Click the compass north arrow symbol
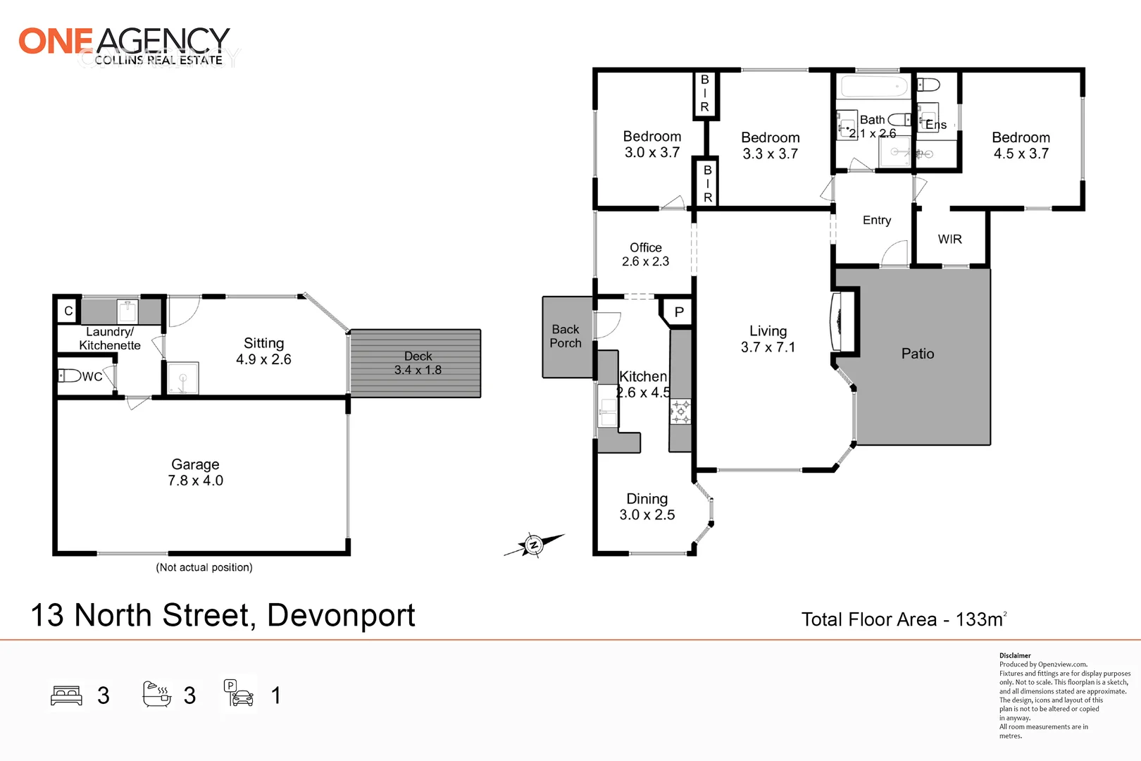(534, 545)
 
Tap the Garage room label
(195, 464)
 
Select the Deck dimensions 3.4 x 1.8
(418, 370)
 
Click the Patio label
(918, 354)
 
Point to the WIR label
(949, 240)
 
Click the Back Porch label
(566, 336)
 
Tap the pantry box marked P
(679, 311)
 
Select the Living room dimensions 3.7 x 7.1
(768, 347)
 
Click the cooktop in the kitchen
(680, 412)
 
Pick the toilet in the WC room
(69, 375)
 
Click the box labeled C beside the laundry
(68, 311)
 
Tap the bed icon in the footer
(67, 695)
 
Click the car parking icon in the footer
(239, 694)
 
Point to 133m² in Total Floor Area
(980, 619)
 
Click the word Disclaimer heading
(1015, 655)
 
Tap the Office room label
(646, 247)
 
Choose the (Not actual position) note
(204, 567)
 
